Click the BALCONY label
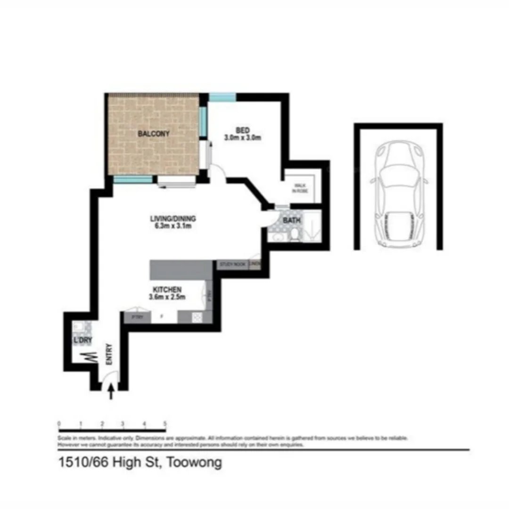point(154,134)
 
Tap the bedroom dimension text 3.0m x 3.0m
point(242,138)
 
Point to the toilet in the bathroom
point(295,234)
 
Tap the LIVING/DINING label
point(173,219)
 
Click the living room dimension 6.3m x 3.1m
point(173,226)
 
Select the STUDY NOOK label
point(231,265)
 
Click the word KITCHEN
point(167,289)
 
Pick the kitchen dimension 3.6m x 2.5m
point(167,297)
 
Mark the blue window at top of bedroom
point(222,98)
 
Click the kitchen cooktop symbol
point(197,318)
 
